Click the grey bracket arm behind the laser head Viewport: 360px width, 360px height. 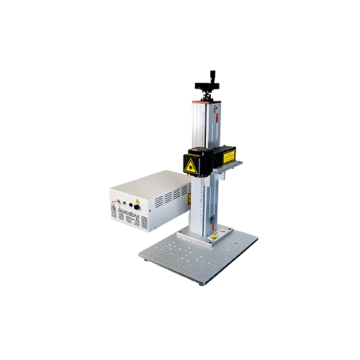233,164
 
